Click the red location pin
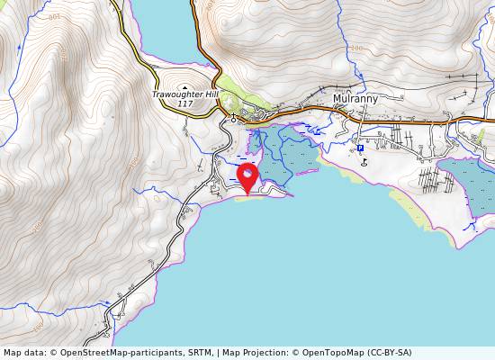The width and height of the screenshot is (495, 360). (247, 174)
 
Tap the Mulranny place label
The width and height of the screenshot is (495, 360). (355, 99)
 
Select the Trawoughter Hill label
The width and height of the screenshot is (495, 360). (184, 94)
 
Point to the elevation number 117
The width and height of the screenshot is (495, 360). (184, 104)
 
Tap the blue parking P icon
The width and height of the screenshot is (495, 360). (360, 148)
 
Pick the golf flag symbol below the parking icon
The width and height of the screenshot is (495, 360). (364, 162)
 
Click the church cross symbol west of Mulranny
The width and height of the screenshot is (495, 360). (233, 118)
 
